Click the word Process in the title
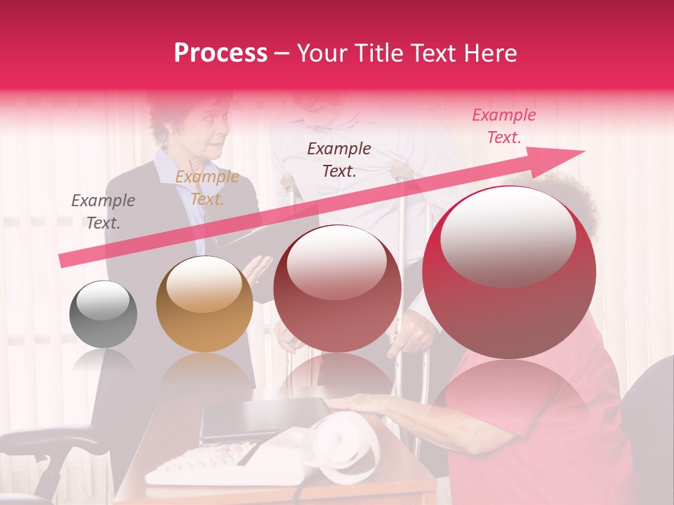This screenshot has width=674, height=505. [x=220, y=53]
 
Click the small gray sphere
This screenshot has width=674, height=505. [x=103, y=314]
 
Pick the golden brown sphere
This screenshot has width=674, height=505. [x=204, y=304]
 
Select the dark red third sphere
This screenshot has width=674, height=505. [x=337, y=288]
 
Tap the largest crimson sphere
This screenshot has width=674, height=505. [x=509, y=272]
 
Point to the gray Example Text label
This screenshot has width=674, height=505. [x=103, y=212]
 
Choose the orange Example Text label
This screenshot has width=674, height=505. [x=207, y=188]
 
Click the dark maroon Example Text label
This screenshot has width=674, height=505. [x=339, y=159]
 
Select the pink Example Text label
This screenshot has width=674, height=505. [x=503, y=126]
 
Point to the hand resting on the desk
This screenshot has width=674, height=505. [x=365, y=403]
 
